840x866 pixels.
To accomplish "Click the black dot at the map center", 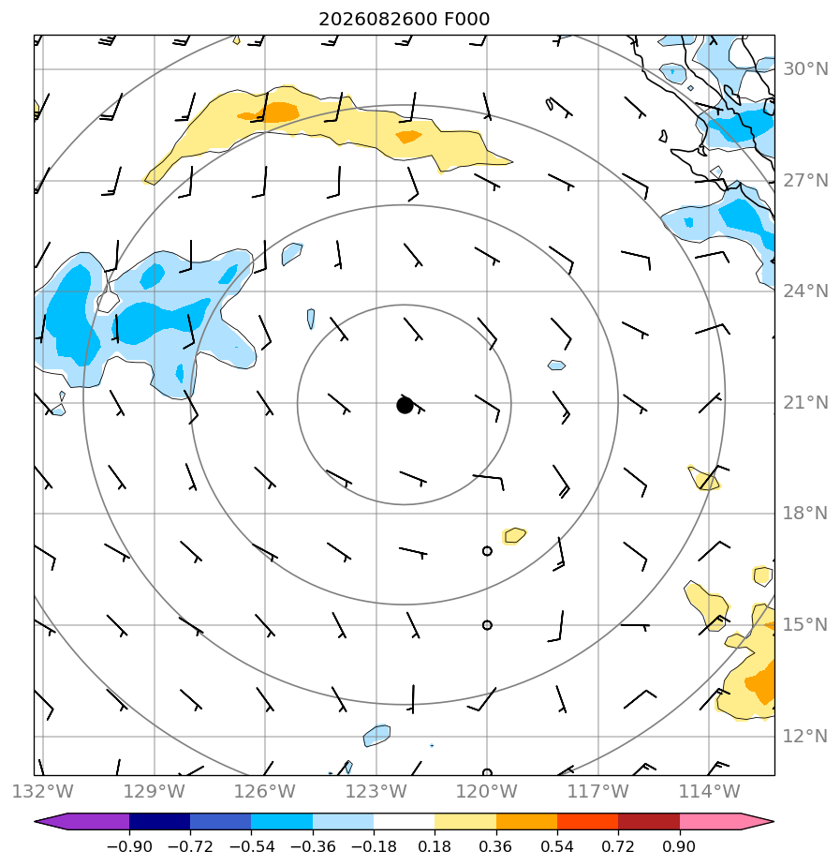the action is pos(405,406).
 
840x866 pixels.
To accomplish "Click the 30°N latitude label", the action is pos(805,69).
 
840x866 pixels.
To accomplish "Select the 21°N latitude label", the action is pos(805,403).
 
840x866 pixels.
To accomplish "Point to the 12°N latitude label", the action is pos(805,737).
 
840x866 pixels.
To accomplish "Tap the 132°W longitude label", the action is pos(42,791).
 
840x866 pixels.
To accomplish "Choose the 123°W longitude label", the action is pos(376,791).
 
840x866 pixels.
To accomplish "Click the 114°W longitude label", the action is pos(709,791).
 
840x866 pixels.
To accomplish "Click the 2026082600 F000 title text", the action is pos(404,20).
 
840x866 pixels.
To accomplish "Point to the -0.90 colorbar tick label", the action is pos(129,846).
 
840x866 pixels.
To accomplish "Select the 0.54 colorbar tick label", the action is pos(557,846).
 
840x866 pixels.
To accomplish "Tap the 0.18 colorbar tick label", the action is pos(435,846).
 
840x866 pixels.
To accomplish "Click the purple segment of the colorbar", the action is pos(88,822).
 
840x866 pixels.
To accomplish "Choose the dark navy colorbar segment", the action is pos(160,822).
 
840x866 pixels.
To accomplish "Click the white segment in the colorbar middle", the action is pos(404,822).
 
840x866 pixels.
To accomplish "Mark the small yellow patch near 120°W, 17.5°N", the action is pos(514,535).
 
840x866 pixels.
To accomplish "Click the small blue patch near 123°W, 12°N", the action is pos(377,735).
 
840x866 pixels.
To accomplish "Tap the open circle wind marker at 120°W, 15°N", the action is pos(487,625).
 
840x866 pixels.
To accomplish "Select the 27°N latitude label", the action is pos(805,181).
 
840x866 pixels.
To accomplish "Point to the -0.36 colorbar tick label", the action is pos(313,846).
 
